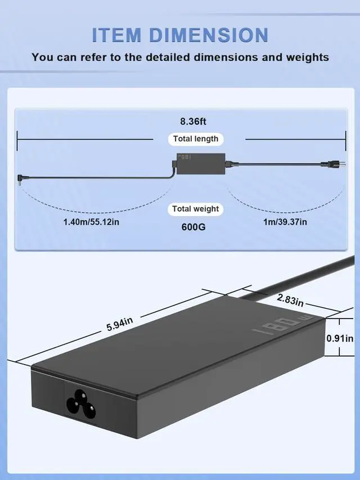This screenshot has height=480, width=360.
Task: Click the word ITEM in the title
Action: coord(116,35)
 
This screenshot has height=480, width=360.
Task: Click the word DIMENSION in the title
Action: coord(209,35)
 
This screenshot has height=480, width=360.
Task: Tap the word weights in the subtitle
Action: coord(307,57)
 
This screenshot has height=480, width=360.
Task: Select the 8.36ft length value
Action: coord(193,122)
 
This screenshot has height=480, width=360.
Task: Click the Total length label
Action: coord(196,139)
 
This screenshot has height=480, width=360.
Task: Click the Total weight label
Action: coord(196,209)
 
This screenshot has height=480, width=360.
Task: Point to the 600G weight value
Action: coord(193,227)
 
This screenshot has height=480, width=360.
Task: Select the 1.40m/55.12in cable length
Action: coord(91,222)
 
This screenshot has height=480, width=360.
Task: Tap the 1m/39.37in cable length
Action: coord(285,222)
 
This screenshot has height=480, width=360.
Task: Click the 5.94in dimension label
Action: coord(120,324)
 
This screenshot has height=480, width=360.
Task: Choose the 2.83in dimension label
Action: coord(290,300)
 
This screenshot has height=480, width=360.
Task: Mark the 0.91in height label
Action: coord(340,338)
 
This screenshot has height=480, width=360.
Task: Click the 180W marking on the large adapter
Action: coord(282,325)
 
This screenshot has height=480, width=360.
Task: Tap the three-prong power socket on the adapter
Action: coord(81,404)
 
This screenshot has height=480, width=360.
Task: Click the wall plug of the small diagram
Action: coord(334,164)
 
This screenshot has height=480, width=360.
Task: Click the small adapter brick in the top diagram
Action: coord(201,163)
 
